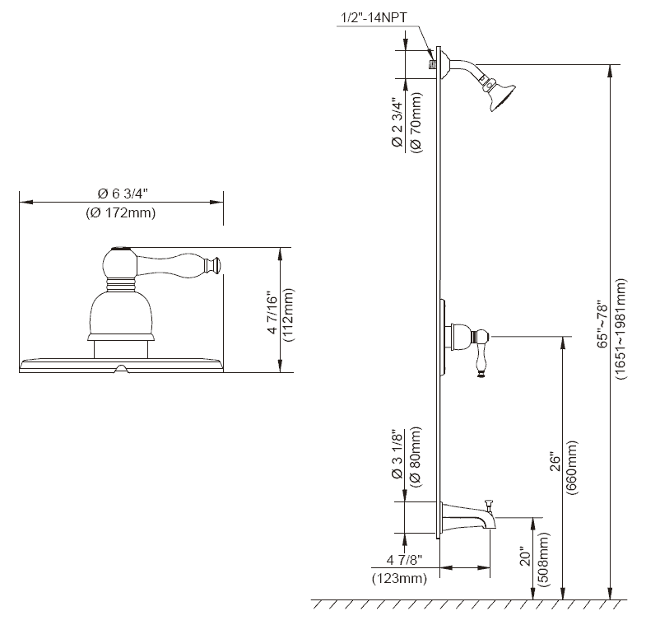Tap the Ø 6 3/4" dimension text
pyautogui.click(x=123, y=194)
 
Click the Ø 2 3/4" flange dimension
pyautogui.click(x=396, y=124)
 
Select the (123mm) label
pyautogui.click(x=399, y=579)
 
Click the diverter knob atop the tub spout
pyautogui.click(x=488, y=501)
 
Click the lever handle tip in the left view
pyautogui.click(x=216, y=264)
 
